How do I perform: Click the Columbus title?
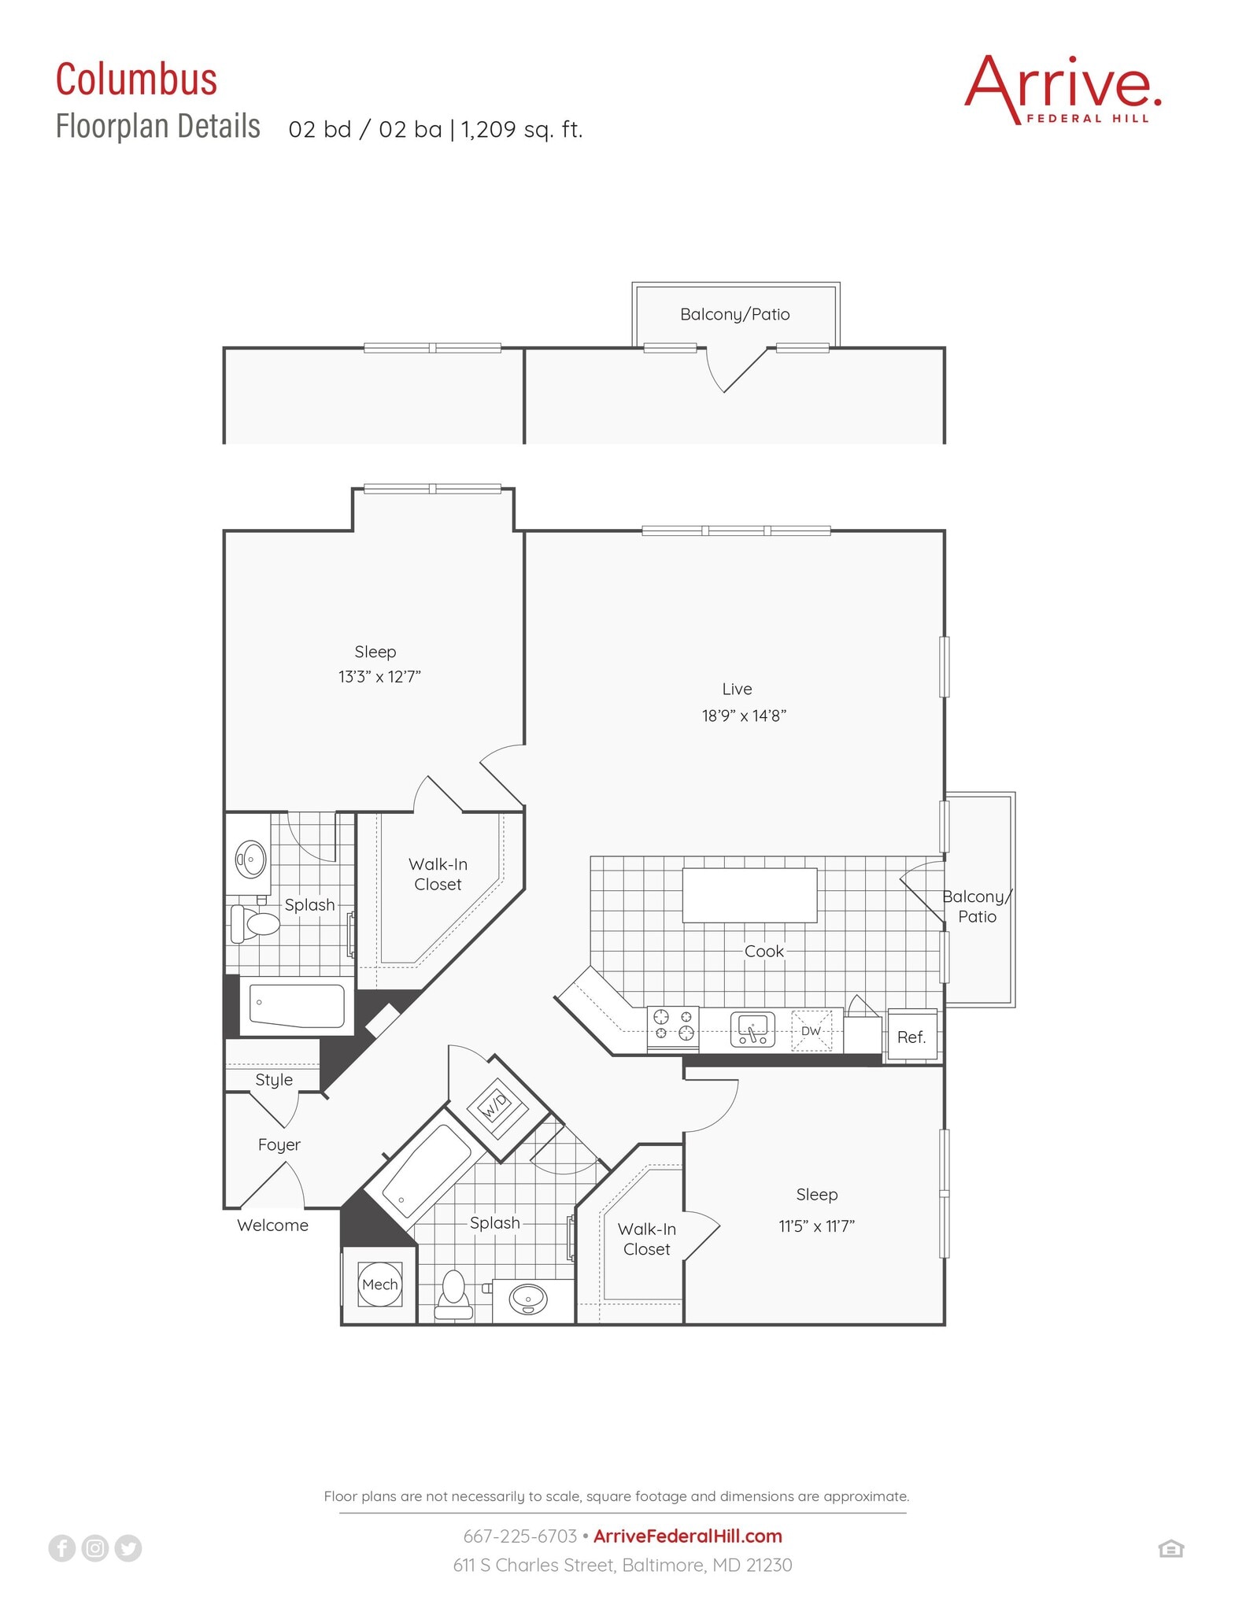(136, 79)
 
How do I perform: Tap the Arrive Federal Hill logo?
(1062, 89)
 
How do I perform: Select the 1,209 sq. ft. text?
(521, 129)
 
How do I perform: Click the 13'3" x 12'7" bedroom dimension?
(379, 677)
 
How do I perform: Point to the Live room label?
(737, 689)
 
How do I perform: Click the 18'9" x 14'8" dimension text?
(744, 715)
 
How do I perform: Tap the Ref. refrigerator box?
(911, 1037)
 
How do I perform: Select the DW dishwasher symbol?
(811, 1030)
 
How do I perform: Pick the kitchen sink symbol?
(752, 1030)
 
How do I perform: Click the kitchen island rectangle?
(749, 895)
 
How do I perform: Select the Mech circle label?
(379, 1285)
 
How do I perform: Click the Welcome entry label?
(272, 1226)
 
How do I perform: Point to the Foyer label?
(279, 1144)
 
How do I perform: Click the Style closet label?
(273, 1080)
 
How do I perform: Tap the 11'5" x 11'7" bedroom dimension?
(816, 1226)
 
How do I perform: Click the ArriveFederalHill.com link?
(687, 1536)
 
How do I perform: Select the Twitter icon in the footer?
(128, 1548)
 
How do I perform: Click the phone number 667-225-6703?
(519, 1536)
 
